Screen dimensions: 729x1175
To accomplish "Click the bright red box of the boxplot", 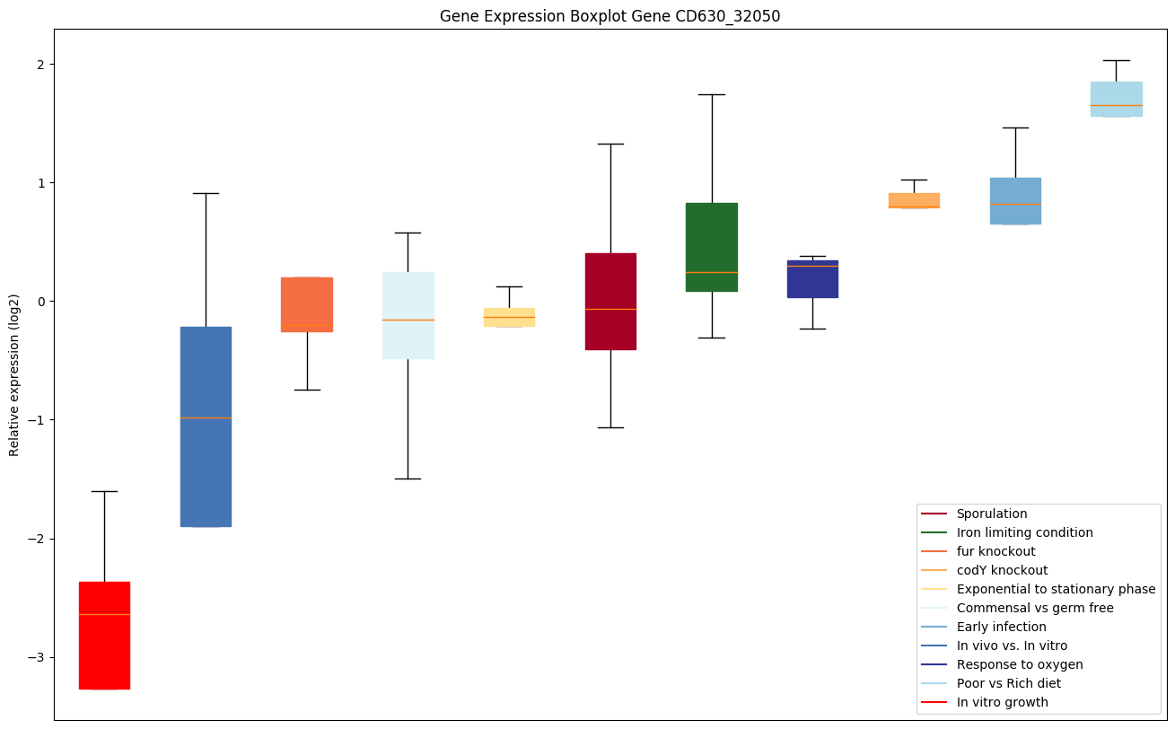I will tap(104, 635).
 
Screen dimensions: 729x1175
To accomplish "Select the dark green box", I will tap(712, 247).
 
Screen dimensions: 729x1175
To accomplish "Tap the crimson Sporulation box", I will tap(610, 301).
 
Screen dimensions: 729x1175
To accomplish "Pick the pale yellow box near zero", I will tap(509, 317).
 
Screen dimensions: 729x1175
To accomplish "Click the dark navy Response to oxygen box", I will tap(812, 279).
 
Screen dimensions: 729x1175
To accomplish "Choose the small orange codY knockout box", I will tap(914, 200).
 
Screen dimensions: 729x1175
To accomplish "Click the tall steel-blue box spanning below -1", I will tap(206, 426).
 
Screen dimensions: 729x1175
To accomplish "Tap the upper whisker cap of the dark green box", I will tap(712, 94).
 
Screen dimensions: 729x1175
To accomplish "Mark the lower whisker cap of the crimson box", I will tap(610, 427).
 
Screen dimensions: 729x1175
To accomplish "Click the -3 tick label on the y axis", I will tap(39, 657).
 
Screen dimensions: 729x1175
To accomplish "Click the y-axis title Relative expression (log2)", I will tap(14, 374).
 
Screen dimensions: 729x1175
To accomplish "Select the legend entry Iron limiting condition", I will tap(1024, 532).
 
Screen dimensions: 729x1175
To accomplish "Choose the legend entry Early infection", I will tap(1001, 627).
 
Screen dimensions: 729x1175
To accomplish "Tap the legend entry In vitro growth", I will tap(1002, 702).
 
